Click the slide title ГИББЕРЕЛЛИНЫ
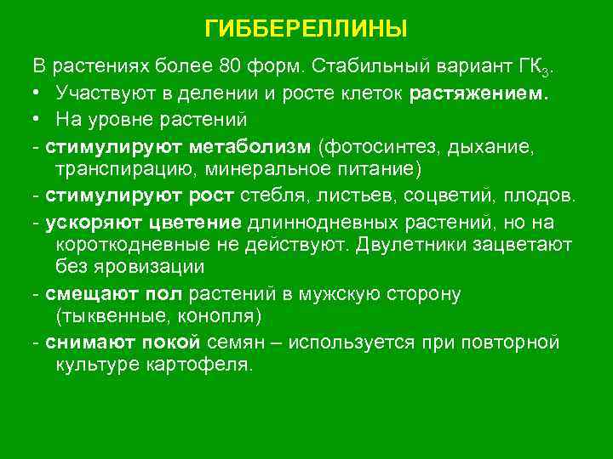click(x=306, y=30)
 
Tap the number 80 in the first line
click(x=232, y=67)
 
